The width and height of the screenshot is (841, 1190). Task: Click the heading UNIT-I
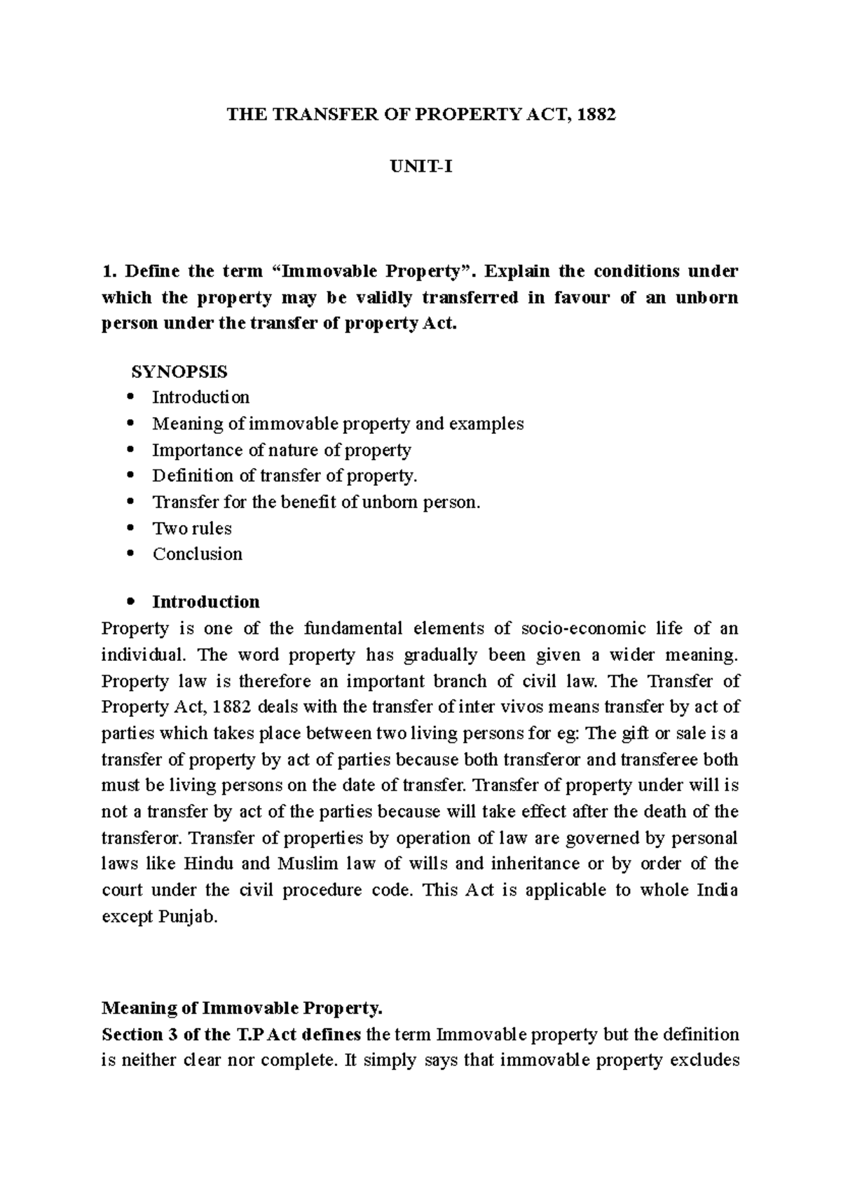(x=420, y=167)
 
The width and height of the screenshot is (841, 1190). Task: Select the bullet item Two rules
(x=192, y=528)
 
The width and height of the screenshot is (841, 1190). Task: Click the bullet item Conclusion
(x=198, y=554)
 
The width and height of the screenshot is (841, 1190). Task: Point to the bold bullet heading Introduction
(x=206, y=602)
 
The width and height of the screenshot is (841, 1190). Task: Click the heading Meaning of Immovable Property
(x=242, y=1008)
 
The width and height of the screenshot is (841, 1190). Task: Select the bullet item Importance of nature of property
(x=282, y=450)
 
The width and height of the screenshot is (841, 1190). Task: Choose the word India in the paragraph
(x=717, y=891)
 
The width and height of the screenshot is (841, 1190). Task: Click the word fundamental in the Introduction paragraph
(x=359, y=629)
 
